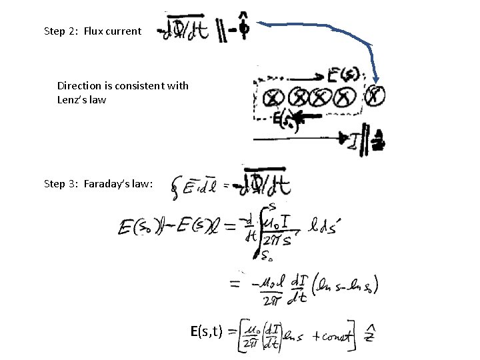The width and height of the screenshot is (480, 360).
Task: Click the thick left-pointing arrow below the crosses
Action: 307,118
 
